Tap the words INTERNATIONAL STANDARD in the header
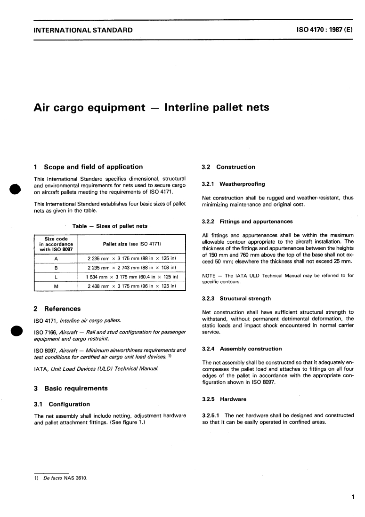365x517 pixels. click(83, 31)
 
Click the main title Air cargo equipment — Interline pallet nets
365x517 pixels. click(151, 107)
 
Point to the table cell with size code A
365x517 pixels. click(56, 258)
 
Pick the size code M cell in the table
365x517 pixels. click(56, 286)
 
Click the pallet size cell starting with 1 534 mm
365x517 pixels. click(131, 277)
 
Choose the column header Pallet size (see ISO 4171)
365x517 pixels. click(131, 244)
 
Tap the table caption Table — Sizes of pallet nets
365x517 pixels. click(110, 226)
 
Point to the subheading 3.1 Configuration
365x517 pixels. click(62, 404)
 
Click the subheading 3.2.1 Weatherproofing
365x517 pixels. click(233, 184)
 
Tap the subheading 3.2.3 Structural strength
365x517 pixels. click(236, 298)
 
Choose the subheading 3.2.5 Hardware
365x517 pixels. click(224, 399)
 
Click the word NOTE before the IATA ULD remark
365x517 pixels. click(208, 276)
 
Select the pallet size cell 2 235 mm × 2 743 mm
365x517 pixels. click(131, 267)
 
